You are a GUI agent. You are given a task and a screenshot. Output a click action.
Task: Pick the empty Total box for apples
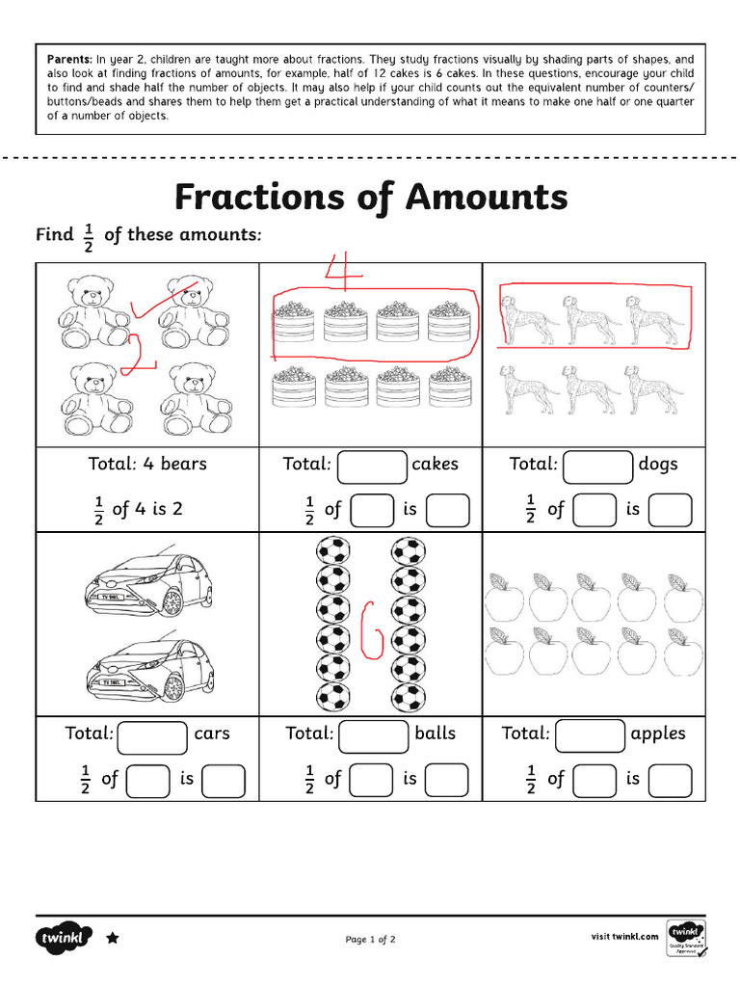(x=591, y=734)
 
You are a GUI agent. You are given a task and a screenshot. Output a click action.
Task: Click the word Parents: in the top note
(x=70, y=60)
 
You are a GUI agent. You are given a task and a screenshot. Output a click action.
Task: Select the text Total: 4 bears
(x=147, y=464)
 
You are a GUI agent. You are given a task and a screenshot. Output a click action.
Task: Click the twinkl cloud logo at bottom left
(x=65, y=937)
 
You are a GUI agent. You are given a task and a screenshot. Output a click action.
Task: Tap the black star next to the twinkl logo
(x=113, y=937)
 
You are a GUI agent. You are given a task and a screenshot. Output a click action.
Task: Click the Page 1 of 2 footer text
(x=370, y=939)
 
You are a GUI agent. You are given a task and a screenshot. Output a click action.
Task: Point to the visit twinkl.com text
(x=625, y=936)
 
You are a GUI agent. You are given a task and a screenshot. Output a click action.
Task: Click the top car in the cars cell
(x=149, y=586)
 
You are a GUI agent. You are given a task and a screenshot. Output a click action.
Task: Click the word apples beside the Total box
(x=658, y=734)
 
